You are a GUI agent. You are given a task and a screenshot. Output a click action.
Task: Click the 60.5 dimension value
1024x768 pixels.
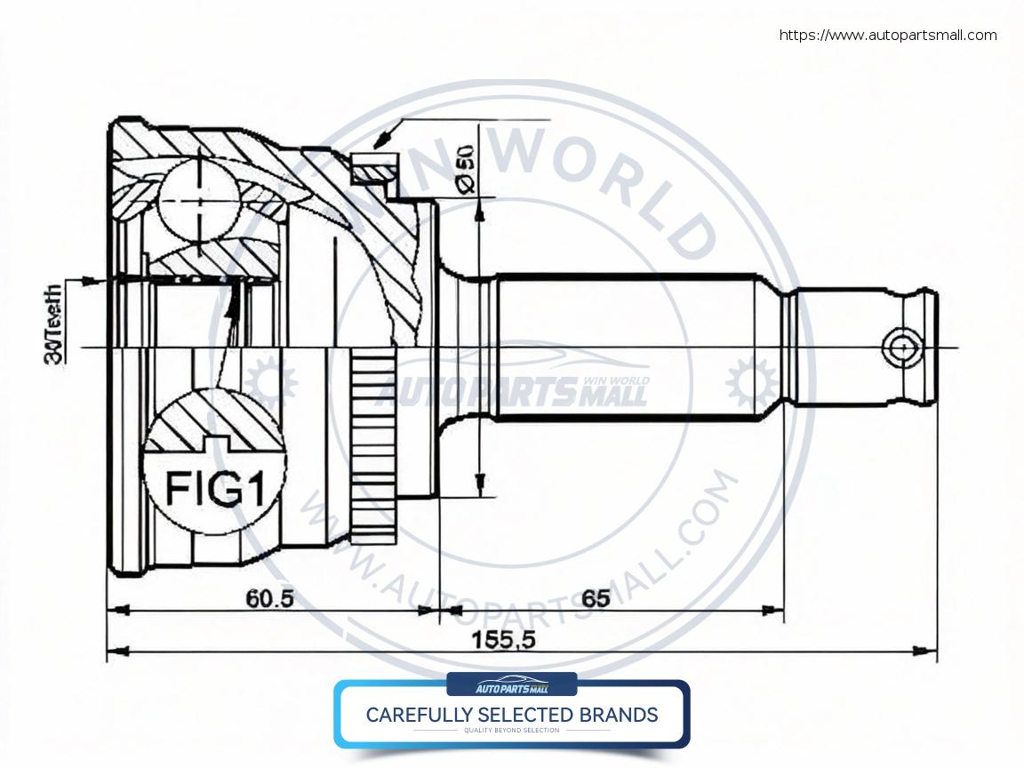click(270, 599)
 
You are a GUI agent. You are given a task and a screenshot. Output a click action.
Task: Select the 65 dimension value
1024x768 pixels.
click(596, 599)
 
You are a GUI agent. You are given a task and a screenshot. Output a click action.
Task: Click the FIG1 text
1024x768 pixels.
click(216, 489)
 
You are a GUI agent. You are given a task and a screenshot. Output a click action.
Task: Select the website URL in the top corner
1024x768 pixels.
click(888, 36)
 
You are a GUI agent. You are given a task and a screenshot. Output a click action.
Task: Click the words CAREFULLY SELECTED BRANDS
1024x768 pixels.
click(512, 715)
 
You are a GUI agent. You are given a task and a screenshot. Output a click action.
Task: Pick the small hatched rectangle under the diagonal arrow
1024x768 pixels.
click(373, 166)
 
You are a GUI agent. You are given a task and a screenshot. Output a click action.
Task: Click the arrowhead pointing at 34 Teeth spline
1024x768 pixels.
click(93, 281)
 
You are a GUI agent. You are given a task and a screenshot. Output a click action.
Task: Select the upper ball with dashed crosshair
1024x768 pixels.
click(198, 202)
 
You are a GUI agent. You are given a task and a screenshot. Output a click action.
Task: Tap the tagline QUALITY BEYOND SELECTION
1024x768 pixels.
click(512, 731)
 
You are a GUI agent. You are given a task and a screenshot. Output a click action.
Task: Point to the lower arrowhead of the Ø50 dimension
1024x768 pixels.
click(479, 485)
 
